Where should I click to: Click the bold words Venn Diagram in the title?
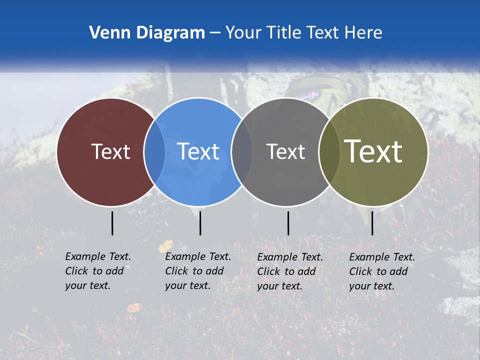coord(147,32)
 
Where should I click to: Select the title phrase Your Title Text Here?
coord(303,32)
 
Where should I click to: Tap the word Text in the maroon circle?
coord(110,151)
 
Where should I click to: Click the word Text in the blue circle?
coord(198,151)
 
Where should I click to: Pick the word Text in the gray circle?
coord(285,151)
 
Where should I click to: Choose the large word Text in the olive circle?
coord(373,151)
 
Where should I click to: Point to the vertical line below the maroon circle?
coord(112,223)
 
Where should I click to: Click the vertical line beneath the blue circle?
coord(200,223)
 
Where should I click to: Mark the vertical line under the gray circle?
coord(288,223)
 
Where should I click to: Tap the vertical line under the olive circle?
coord(372,223)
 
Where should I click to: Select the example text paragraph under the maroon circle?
coord(97,271)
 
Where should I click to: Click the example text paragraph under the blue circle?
coord(197,271)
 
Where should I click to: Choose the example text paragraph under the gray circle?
coord(289,271)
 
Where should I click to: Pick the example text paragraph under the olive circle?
coord(381,271)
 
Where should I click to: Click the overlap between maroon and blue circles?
coord(154,152)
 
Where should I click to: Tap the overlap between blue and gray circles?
coord(242,152)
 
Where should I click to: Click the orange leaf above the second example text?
coord(165,246)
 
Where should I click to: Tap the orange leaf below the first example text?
coord(134,307)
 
